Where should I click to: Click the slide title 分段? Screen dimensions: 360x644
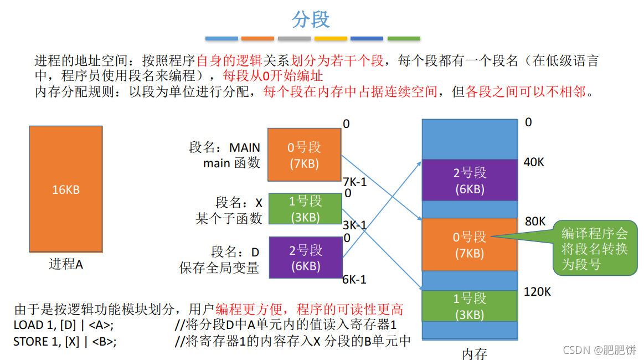click(311, 19)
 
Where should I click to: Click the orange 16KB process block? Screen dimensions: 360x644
click(66, 189)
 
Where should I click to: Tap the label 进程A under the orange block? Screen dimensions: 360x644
click(66, 264)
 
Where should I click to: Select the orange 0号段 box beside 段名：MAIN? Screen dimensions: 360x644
click(304, 155)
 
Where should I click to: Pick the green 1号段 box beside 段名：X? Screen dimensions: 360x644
click(305, 209)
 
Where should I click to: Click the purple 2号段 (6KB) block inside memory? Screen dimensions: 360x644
click(470, 180)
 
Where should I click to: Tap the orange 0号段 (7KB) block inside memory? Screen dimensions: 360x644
click(470, 244)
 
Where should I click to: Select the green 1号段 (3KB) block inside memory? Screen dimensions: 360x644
click(470, 306)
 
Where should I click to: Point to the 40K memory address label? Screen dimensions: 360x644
click(534, 162)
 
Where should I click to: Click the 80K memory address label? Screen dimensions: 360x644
click(535, 222)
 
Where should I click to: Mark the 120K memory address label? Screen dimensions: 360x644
click(537, 291)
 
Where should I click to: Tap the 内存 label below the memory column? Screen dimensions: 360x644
click(475, 353)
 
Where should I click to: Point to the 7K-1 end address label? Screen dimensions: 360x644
click(355, 182)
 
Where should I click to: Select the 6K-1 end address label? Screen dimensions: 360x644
click(354, 279)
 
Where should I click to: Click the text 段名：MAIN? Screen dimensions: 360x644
click(224, 148)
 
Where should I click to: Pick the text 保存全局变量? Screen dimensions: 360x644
click(219, 268)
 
